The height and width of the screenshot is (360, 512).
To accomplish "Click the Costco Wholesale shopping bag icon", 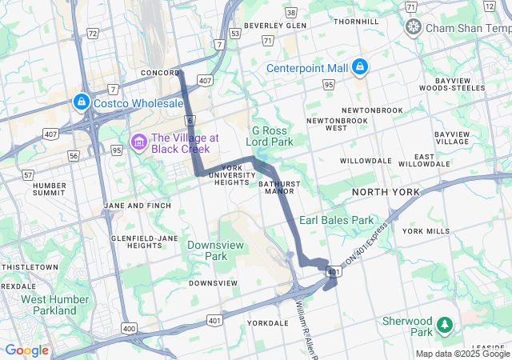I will [81, 102].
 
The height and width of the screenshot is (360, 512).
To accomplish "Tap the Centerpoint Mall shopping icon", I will [360, 66].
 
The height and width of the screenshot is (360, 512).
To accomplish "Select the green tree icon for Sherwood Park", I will [445, 326].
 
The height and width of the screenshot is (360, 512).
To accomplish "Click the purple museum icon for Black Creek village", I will [140, 142].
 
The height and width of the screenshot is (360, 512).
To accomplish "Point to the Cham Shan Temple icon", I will [414, 28].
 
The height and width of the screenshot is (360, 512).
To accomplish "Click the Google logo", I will [26, 350].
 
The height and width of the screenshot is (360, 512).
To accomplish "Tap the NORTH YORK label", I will [385, 192].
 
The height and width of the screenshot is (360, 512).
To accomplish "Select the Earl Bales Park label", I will [336, 219].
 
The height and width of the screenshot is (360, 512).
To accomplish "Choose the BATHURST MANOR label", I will [278, 187].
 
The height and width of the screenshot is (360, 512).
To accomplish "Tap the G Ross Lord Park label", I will [273, 136].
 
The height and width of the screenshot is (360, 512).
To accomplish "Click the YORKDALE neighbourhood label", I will [267, 323].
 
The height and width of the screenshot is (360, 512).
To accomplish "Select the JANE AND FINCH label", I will [137, 206].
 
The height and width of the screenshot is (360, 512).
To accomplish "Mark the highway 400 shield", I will [128, 328].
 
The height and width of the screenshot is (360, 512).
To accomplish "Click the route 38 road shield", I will [291, 13].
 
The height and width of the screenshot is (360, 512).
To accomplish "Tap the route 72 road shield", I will [93, 34].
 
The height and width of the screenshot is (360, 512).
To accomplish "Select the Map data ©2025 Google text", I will [462, 354].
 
